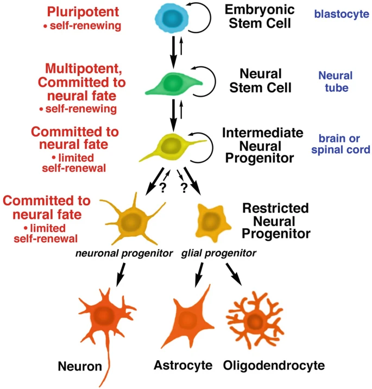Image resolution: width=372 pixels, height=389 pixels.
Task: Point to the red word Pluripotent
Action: [x=79, y=11]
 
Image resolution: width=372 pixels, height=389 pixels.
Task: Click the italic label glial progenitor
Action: [x=211, y=253]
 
